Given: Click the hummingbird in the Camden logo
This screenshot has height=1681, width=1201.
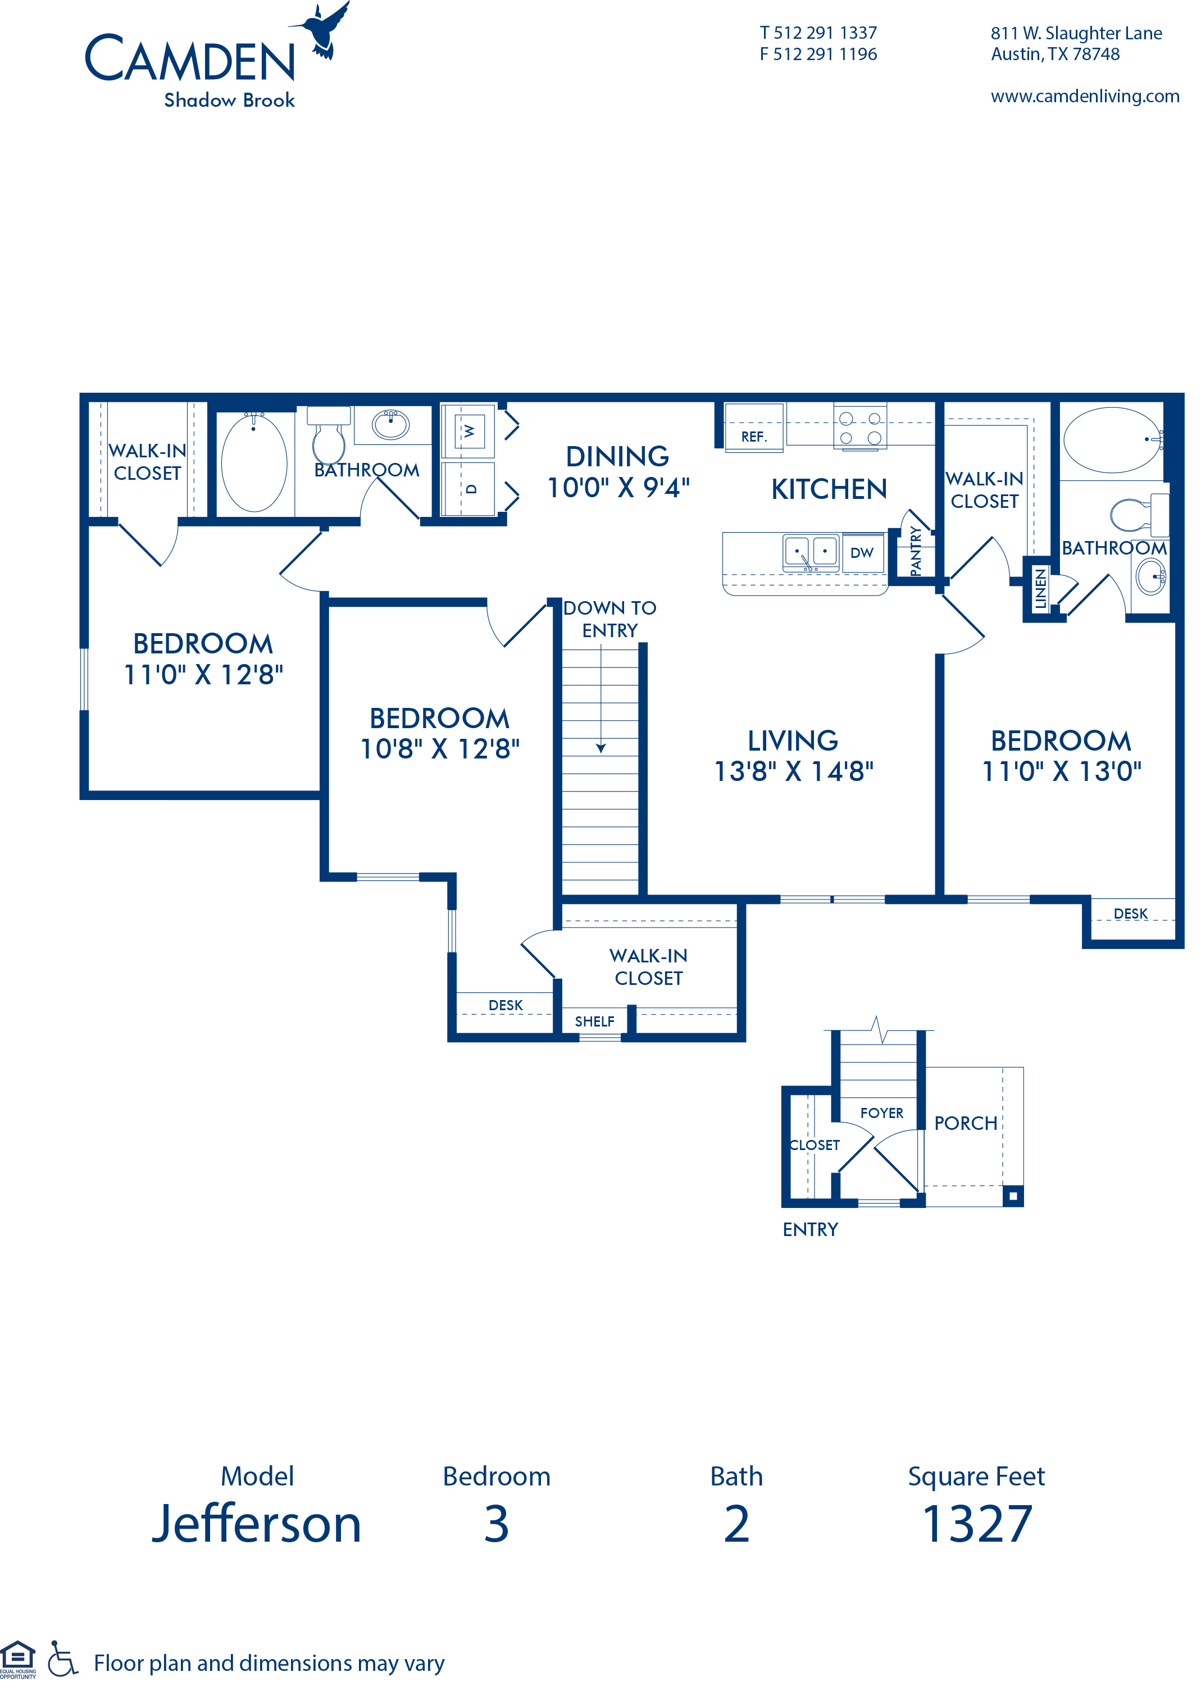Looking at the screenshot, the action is pyautogui.click(x=322, y=30).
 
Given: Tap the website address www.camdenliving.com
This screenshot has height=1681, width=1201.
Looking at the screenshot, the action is pyautogui.click(x=1084, y=96).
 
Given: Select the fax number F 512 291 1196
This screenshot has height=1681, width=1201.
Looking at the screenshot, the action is pyautogui.click(x=818, y=54).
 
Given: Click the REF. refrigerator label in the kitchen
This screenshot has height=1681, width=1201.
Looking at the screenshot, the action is pyautogui.click(x=754, y=437).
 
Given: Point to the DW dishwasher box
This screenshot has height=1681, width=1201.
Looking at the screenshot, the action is pyautogui.click(x=862, y=552).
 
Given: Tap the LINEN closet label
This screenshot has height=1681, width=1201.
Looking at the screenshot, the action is pyautogui.click(x=1040, y=589).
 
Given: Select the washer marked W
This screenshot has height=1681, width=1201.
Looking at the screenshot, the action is pyautogui.click(x=468, y=430).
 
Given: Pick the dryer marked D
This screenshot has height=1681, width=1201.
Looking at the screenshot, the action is pyautogui.click(x=468, y=489).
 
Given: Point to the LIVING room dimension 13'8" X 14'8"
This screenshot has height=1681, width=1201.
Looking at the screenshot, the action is pyautogui.click(x=794, y=771).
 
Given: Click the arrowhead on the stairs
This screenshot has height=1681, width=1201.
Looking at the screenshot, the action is pyautogui.click(x=601, y=748).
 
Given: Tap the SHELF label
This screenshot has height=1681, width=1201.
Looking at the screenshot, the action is pyautogui.click(x=594, y=1021).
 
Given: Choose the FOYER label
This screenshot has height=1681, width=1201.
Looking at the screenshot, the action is pyautogui.click(x=881, y=1113).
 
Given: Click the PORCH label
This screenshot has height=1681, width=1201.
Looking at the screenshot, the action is pyautogui.click(x=966, y=1123).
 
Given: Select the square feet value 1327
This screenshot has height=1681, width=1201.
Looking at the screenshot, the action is pyautogui.click(x=977, y=1524).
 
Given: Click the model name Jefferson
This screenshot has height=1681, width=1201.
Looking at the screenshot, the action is pyautogui.click(x=257, y=1524).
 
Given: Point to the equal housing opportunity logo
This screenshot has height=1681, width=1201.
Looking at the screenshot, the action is pyautogui.click(x=18, y=1660).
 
